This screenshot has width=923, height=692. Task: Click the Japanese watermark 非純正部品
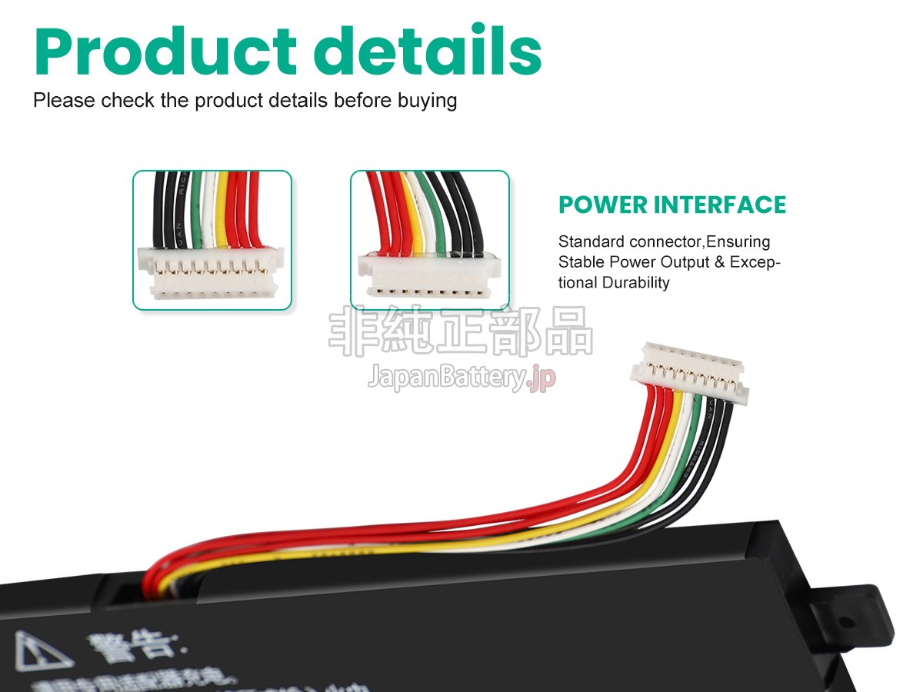pyautogui.click(x=461, y=331)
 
